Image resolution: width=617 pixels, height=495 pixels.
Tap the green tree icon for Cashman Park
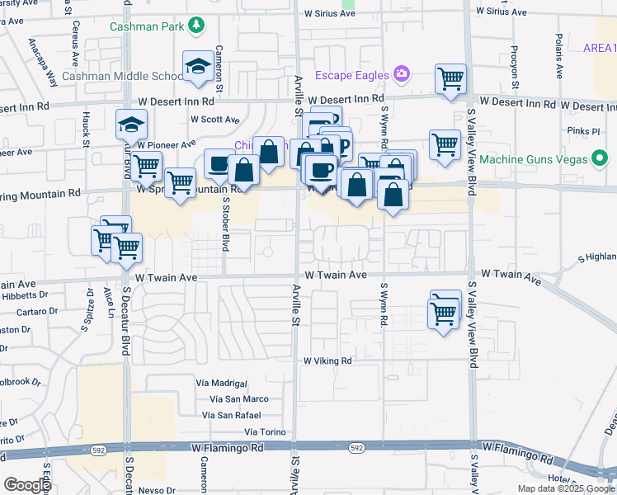[x=196, y=26]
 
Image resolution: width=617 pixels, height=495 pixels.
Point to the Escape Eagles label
[x=351, y=75]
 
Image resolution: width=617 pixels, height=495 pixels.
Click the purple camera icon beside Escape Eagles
[x=402, y=74]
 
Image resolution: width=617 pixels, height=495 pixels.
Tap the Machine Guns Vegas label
[x=534, y=158]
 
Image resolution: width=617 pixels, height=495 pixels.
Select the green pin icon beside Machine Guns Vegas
[x=601, y=158]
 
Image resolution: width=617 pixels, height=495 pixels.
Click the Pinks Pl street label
[x=583, y=130]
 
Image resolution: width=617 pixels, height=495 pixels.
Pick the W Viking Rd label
[x=327, y=361]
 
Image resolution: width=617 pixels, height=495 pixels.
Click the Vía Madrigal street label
[x=222, y=384]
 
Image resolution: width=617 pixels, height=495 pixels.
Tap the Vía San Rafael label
[x=235, y=415]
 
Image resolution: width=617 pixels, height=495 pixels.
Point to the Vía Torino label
[x=265, y=432]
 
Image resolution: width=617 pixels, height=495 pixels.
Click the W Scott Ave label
[x=214, y=119]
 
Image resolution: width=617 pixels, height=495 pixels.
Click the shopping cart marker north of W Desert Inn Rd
[x=450, y=79]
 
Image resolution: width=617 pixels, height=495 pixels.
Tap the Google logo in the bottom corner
[x=27, y=485]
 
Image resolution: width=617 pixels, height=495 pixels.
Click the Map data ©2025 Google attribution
[x=567, y=488]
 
